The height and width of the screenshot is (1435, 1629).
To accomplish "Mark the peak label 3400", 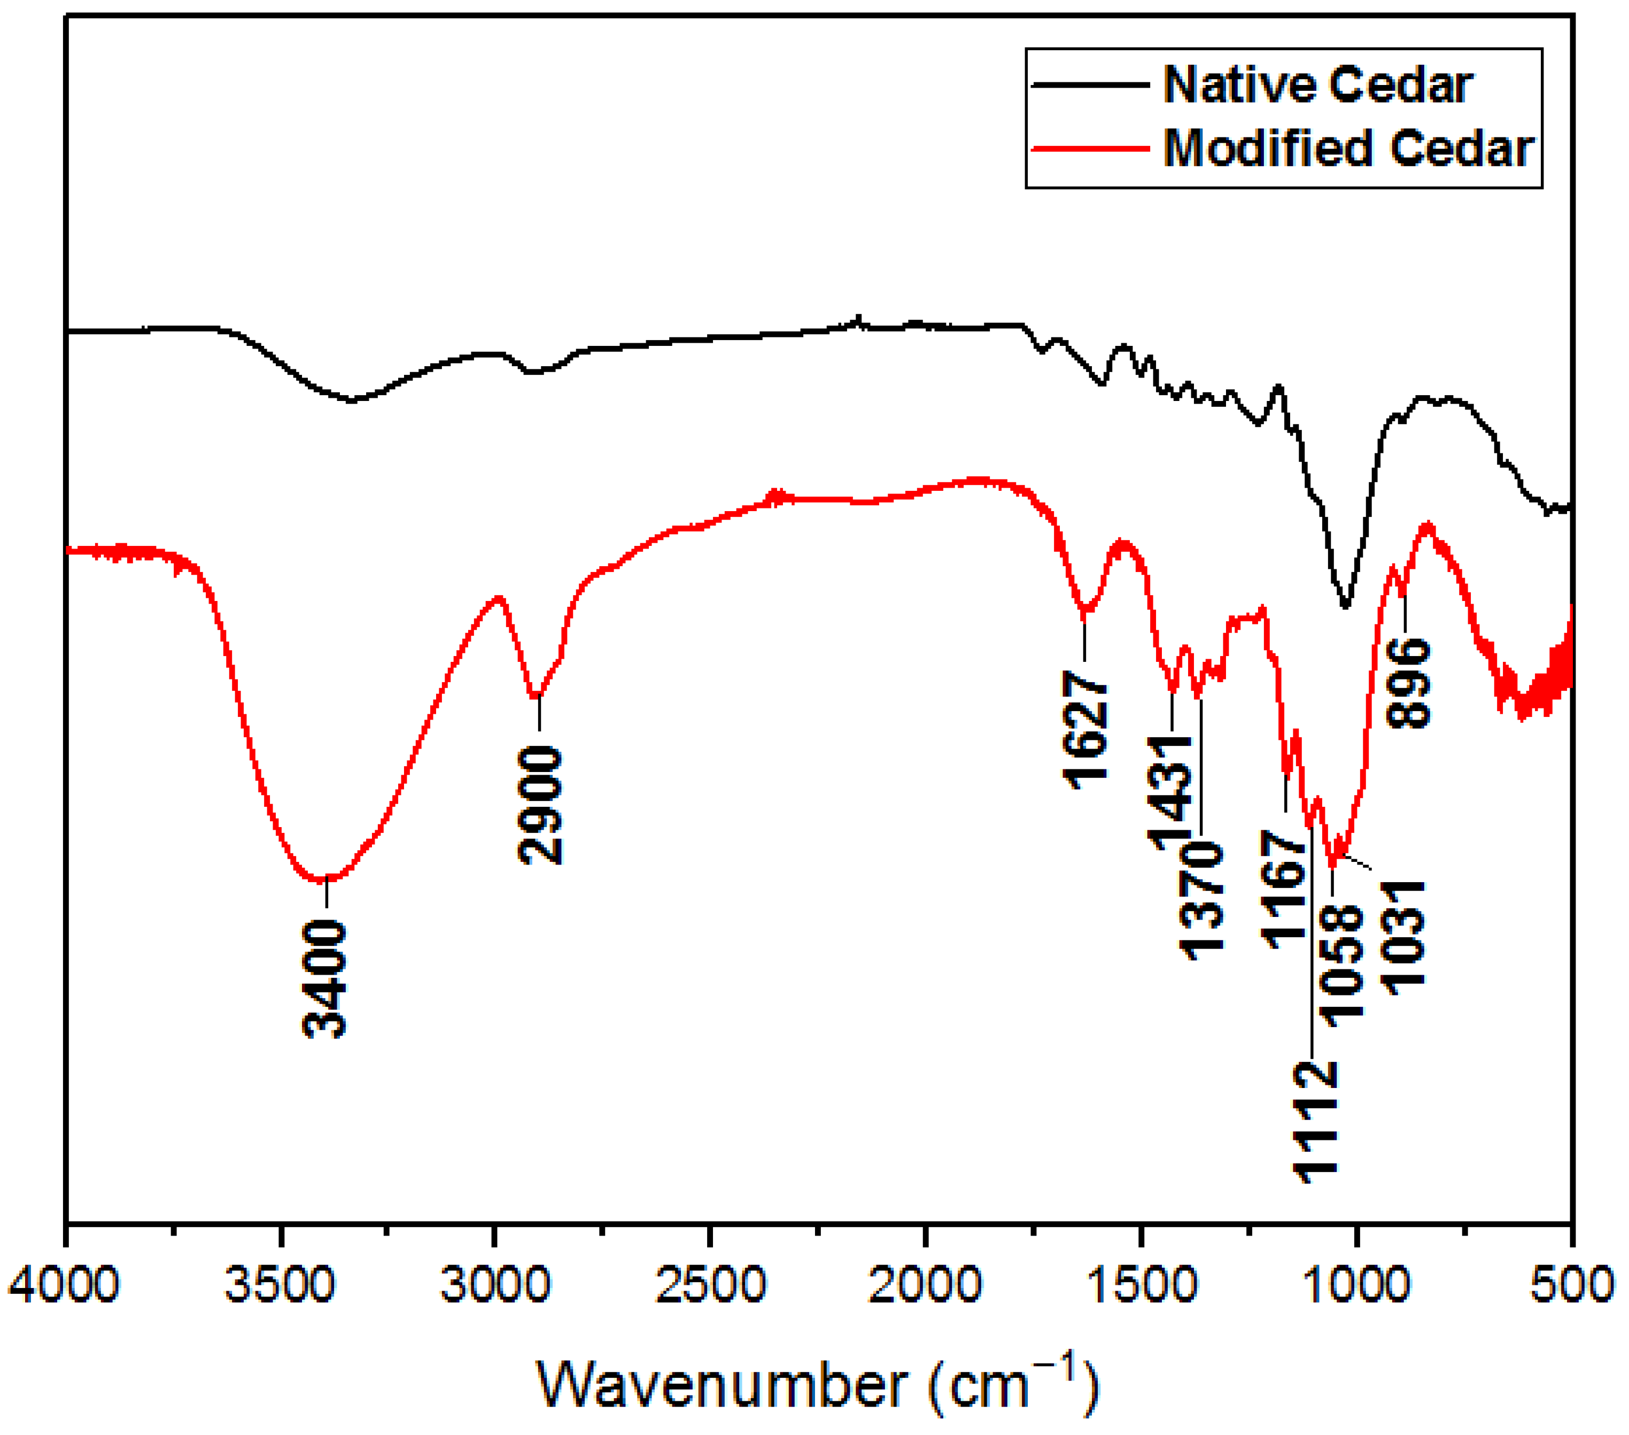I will (325, 979).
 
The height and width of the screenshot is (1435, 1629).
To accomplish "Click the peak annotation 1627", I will (1085, 729).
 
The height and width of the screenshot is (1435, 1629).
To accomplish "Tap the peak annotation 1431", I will (1170, 794).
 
